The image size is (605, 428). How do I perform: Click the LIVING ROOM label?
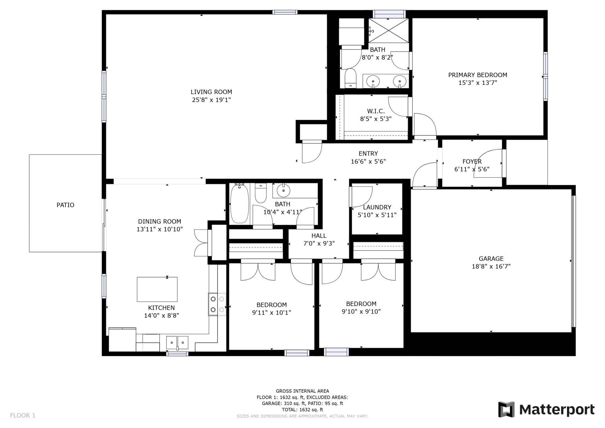(x=211, y=92)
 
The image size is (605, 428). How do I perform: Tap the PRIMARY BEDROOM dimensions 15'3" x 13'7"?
(x=477, y=83)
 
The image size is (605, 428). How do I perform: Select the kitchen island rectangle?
(x=157, y=289)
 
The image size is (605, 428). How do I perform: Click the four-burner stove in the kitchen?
(x=217, y=304)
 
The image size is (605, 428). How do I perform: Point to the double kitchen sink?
(x=177, y=343)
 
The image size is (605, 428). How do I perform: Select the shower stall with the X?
(x=389, y=31)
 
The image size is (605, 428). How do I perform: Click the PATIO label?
(x=65, y=205)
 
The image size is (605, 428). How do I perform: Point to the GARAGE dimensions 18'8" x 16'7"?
(x=491, y=266)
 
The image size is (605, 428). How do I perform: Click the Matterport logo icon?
(x=506, y=409)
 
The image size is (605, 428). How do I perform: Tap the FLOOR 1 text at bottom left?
(x=23, y=416)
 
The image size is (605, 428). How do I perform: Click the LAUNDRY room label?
(x=377, y=207)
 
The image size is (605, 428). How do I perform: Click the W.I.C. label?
(x=376, y=111)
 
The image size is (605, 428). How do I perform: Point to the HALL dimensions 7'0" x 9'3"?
(x=319, y=244)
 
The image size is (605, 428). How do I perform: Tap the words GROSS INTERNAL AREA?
(x=302, y=391)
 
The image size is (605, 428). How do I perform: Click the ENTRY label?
(x=368, y=153)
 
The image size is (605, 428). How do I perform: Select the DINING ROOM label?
(x=159, y=221)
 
